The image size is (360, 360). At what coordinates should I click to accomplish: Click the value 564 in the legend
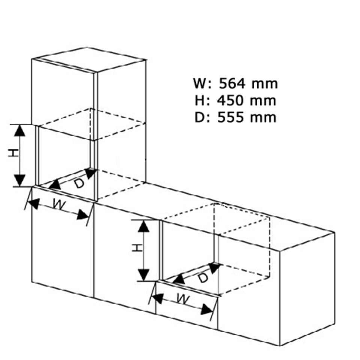232,84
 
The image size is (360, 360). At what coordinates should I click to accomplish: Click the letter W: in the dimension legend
202,84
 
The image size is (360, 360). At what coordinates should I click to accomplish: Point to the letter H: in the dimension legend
202,100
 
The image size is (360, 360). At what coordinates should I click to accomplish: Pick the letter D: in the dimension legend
202,117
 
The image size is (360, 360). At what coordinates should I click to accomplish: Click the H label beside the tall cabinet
13,153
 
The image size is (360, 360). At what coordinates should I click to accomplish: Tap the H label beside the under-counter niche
137,248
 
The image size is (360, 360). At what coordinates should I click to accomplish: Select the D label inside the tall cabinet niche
79,183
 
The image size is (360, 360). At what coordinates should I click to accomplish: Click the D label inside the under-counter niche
203,278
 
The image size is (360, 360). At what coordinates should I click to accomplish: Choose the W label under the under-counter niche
183,299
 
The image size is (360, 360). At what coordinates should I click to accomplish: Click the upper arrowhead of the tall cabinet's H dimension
20,131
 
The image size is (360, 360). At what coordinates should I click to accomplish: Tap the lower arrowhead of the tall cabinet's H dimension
20,180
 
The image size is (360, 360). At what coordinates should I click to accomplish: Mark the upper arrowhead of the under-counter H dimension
144,226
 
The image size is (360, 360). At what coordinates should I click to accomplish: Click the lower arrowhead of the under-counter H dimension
144,275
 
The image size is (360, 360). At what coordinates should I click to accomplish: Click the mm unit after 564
265,84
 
